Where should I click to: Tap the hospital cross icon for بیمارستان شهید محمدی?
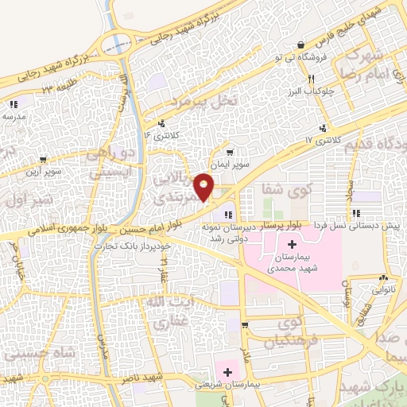[x=291, y=243]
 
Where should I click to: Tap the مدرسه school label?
[x=14, y=116]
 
